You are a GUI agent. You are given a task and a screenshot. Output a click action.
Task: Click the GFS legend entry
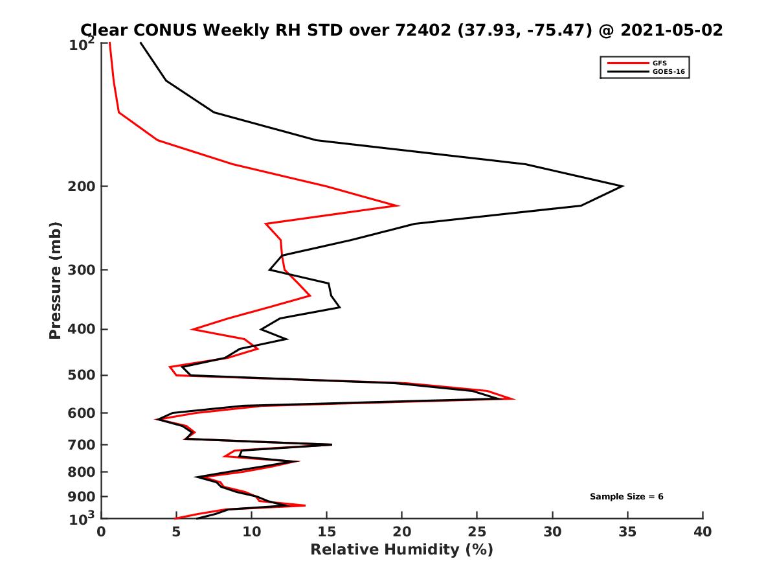[x=660, y=62]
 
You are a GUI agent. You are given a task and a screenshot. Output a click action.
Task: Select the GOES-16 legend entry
[x=667, y=72]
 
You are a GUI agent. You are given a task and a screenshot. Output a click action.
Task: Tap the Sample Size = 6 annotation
[x=626, y=497]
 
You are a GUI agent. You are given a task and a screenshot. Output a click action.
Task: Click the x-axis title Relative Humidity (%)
[x=401, y=550]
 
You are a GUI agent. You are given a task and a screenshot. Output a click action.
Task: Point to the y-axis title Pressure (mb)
[x=55, y=280]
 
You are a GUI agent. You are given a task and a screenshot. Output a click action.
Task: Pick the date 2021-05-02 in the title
[x=670, y=30]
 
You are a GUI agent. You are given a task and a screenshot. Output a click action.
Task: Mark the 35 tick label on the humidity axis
[x=627, y=532]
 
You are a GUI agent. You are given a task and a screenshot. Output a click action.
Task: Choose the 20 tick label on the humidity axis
[x=401, y=532]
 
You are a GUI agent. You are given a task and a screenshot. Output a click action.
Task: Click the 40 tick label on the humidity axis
[x=703, y=532]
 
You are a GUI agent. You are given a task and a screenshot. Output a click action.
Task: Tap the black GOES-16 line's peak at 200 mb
[x=622, y=187]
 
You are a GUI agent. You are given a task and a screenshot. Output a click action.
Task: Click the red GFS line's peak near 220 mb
[x=398, y=206]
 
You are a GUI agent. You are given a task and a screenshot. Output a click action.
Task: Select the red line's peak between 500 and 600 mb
[x=514, y=398]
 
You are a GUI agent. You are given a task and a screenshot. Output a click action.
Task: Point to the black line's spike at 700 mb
[x=332, y=444]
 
